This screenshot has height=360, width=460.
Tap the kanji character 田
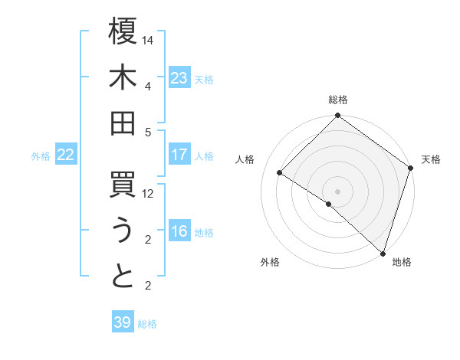[x=123, y=123]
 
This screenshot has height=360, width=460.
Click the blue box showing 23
[x=179, y=78]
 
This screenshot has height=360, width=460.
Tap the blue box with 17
[x=179, y=155]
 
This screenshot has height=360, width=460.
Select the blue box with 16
[x=179, y=231]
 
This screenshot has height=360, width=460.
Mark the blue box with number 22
[x=65, y=155]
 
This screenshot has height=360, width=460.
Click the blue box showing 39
[x=122, y=322]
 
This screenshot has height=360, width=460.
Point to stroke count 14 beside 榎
[x=149, y=40]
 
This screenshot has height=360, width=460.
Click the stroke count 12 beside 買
[x=149, y=194]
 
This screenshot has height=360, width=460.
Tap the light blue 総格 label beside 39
[x=147, y=324]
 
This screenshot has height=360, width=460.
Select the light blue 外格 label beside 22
[x=41, y=156]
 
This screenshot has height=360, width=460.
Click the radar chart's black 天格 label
[x=431, y=159]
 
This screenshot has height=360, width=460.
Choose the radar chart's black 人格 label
[x=245, y=159]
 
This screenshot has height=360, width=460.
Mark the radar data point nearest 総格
[x=337, y=116]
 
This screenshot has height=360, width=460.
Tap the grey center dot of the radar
[x=337, y=191]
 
